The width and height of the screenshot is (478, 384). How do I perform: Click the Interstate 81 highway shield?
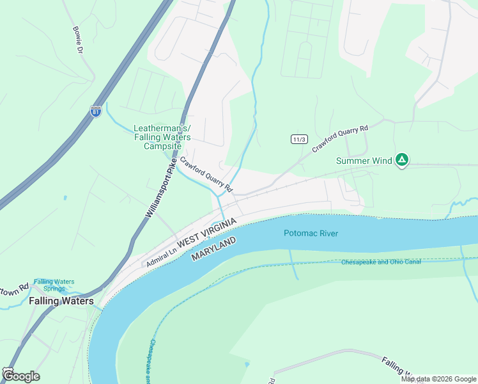pos(96,111)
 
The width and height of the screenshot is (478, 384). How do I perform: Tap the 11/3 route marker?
pos(298,139)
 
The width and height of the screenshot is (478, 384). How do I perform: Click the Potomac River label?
pos(311,233)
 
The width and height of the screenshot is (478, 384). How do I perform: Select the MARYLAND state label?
pos(213,248)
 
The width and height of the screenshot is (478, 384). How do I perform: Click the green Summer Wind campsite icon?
pos(401,159)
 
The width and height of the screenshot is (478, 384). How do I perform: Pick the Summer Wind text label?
pos(364,161)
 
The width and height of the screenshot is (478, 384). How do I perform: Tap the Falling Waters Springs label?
pos(54,285)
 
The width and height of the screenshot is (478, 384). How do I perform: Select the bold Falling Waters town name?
pos(61,301)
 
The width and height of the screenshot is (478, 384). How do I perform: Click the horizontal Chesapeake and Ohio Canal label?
pos(381,262)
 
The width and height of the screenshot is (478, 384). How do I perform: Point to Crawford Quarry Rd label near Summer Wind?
pos(341,138)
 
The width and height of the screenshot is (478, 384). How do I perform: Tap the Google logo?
pos(20,376)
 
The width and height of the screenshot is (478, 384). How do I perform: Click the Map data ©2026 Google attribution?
pos(438,379)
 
